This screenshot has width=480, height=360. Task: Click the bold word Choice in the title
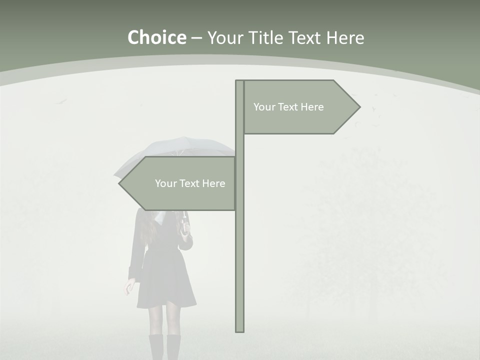156,37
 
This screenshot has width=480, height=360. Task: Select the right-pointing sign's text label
288,107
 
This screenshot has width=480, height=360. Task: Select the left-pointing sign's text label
190,183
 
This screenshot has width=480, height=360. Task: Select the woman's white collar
160,217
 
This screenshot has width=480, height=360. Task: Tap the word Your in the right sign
264,107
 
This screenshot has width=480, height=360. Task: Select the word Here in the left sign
213,183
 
